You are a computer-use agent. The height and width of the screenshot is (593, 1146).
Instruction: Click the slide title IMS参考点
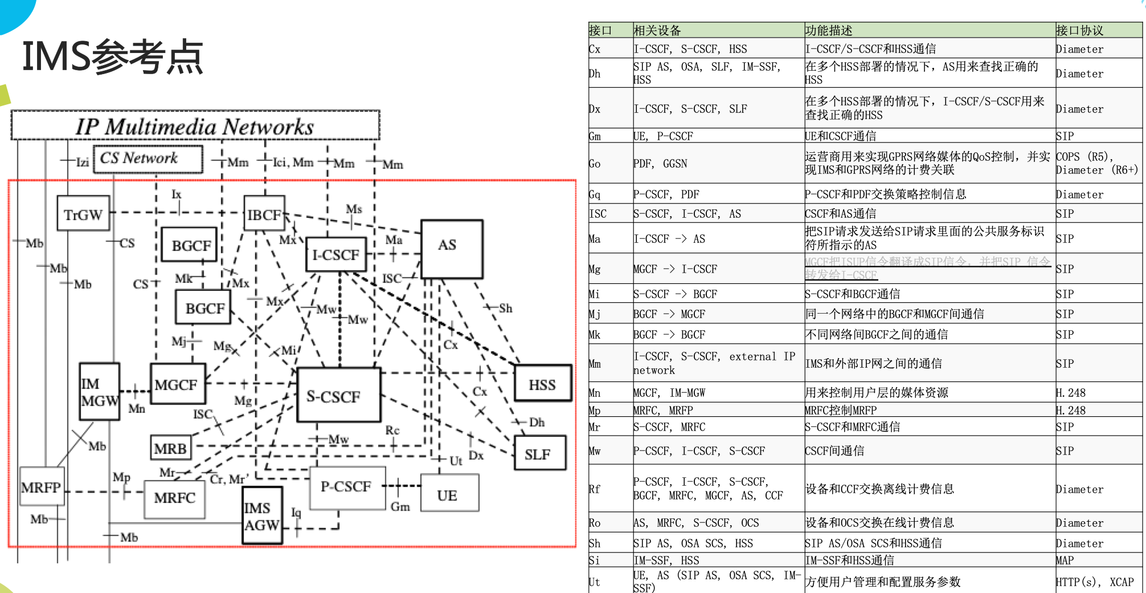pos(113,57)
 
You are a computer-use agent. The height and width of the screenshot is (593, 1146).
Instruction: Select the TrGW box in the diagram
pos(83,214)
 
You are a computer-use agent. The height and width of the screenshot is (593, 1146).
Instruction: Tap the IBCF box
pos(264,214)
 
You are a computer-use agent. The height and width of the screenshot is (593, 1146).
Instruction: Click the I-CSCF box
pos(336,254)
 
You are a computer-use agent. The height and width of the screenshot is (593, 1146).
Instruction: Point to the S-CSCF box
pos(338,396)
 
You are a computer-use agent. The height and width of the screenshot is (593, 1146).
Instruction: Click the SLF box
pos(538,454)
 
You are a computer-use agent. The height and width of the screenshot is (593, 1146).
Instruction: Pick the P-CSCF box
pos(346,487)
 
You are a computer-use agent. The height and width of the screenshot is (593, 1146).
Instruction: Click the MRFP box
pos(41,487)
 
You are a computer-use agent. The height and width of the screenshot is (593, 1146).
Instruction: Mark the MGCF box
pos(177,385)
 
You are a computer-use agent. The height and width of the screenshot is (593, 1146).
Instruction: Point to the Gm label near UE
pos(400,506)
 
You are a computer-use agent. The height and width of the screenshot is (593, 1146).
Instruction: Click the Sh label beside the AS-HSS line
pos(505,308)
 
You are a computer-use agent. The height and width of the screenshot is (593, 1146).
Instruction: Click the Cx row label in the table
pos(595,49)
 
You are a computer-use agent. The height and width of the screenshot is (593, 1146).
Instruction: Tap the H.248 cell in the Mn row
pos(1071,393)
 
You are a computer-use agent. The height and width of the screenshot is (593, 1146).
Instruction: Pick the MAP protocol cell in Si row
pos(1065,560)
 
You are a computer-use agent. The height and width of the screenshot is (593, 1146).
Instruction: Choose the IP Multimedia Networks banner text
pos(195,127)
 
